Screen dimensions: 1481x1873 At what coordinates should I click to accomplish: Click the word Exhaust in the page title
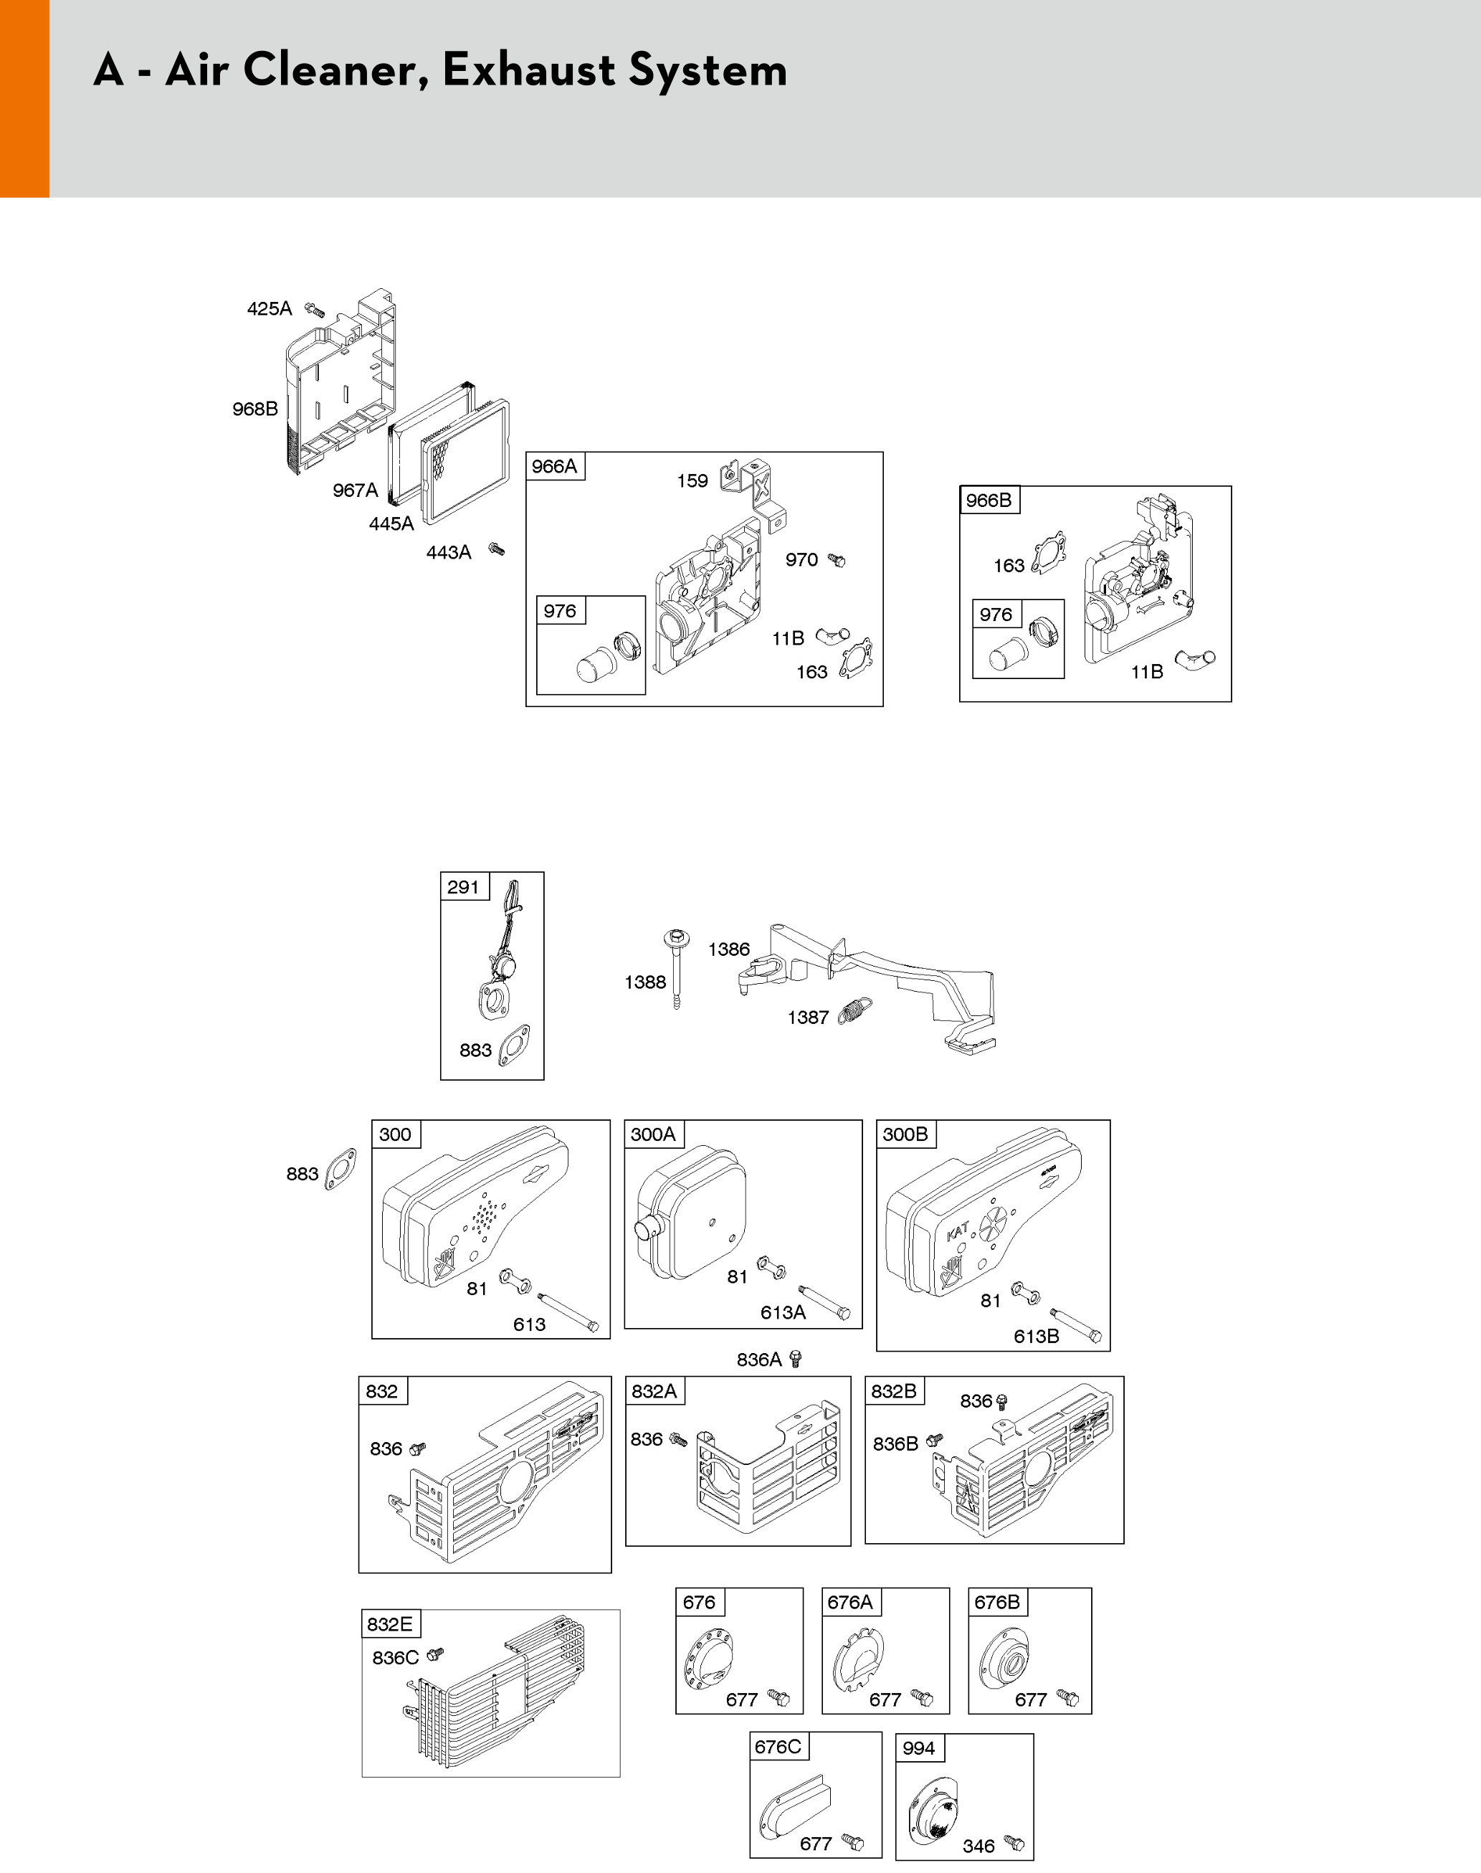click(528, 70)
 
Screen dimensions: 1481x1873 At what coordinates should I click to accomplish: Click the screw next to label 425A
click(315, 310)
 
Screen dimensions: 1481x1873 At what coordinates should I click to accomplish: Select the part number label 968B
click(255, 409)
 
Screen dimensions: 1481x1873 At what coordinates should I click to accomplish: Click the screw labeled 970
click(837, 561)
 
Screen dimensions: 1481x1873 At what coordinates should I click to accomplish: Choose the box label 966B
click(989, 501)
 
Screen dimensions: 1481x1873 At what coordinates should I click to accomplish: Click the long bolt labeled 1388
click(676, 969)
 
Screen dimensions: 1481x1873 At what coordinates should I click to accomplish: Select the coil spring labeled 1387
click(855, 1012)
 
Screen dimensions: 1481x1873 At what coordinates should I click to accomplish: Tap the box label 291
click(463, 887)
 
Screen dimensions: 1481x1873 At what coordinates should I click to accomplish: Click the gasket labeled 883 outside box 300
click(340, 1169)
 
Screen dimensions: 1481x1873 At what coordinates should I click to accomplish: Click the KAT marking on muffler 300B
click(958, 1231)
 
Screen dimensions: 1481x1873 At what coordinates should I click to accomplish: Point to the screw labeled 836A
click(796, 1359)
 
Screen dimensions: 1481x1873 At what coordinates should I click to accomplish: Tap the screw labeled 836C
click(435, 1654)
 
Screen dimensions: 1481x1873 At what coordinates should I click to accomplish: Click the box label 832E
click(389, 1624)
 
